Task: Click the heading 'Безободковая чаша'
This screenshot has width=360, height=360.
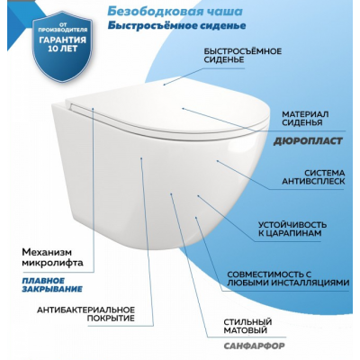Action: [x=175, y=11]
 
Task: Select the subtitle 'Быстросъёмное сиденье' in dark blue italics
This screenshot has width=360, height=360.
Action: [x=176, y=25]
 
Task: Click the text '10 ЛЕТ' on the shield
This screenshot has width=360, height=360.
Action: [x=62, y=49]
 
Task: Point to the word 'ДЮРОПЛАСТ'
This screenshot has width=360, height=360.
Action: [x=308, y=141]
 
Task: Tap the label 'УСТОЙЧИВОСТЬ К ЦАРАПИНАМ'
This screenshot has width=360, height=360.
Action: [x=292, y=229]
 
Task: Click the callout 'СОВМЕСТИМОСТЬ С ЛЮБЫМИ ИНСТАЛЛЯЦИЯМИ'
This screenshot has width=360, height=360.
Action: [x=288, y=278]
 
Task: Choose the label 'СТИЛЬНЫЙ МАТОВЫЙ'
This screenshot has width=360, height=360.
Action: [x=247, y=326]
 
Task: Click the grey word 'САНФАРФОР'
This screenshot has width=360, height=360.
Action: [x=254, y=346]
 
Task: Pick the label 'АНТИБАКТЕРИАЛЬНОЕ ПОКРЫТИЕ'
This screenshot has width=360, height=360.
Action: [x=85, y=314]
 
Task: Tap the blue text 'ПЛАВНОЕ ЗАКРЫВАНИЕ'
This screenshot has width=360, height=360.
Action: [x=52, y=285]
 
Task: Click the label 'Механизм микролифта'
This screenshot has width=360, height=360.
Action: [x=52, y=257]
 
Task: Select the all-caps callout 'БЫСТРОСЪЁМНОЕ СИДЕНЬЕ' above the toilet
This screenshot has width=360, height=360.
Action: [x=243, y=55]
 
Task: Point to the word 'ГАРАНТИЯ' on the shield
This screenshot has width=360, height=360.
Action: [x=62, y=40]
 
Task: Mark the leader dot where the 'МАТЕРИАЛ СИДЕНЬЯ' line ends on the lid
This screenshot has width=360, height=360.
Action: [x=183, y=108]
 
